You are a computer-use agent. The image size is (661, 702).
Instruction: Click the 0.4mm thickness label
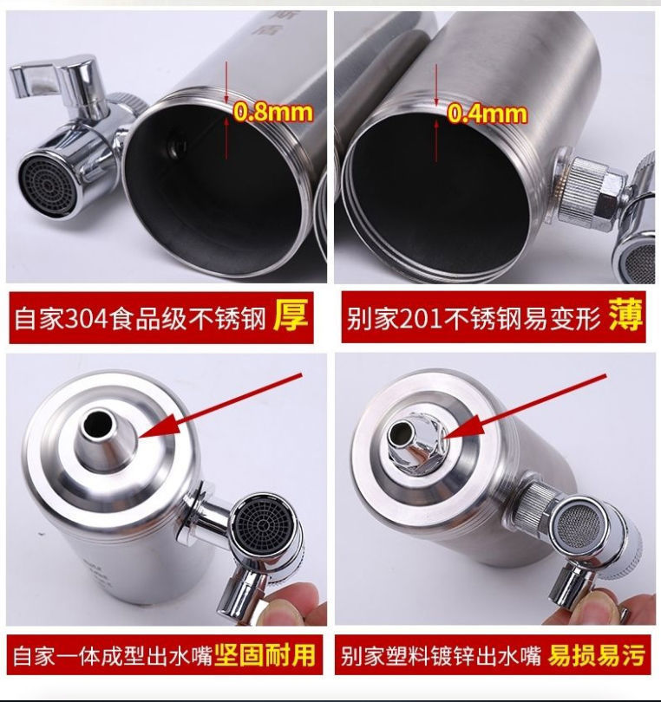click(487, 113)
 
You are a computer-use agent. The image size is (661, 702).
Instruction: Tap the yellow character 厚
click(291, 317)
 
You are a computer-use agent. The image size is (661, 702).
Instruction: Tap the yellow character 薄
click(625, 317)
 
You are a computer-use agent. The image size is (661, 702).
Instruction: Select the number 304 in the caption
click(76, 319)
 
